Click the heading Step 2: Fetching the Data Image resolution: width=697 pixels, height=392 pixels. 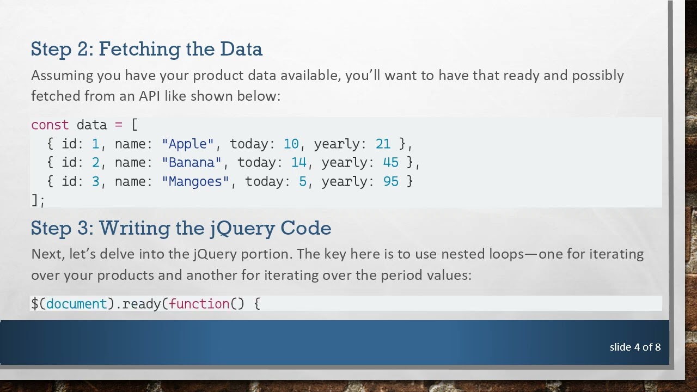tap(146, 49)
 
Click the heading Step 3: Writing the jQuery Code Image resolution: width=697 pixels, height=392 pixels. tap(181, 228)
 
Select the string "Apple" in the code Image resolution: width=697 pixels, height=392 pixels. tap(188, 144)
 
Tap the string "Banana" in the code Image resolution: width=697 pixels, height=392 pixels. tap(192, 162)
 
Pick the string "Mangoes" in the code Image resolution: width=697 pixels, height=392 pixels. tap(195, 181)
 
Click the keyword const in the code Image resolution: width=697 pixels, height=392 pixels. tap(50, 125)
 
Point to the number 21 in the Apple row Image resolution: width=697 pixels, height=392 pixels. tap(383, 144)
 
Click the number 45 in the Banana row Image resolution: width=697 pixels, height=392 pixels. tap(390, 162)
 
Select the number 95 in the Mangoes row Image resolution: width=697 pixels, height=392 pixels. tap(390, 181)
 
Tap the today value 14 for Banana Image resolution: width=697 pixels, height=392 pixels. tap(298, 162)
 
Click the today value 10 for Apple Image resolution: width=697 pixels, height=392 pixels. tap(291, 144)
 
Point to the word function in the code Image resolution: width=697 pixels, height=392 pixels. tap(199, 303)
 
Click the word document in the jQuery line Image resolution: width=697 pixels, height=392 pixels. tap(76, 303)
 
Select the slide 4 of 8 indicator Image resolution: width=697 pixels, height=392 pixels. tap(635, 347)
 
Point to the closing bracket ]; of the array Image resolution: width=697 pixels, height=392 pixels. tap(38, 200)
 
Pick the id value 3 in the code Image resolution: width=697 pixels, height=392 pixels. tap(95, 181)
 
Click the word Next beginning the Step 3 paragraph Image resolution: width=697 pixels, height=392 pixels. tap(44, 254)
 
